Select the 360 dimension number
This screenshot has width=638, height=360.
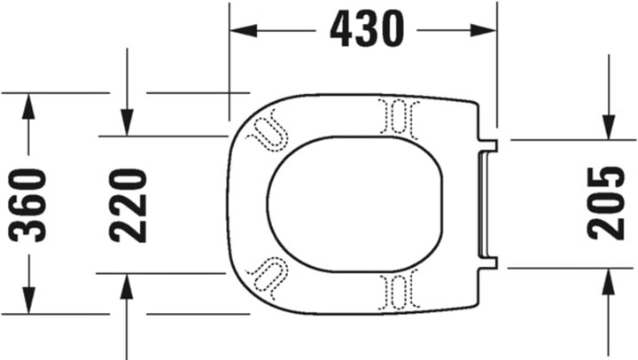pyautogui.click(x=28, y=204)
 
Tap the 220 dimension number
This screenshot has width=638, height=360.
pyautogui.click(x=128, y=205)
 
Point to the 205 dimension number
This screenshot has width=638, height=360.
pyautogui.click(x=608, y=202)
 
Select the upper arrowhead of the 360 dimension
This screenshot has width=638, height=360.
pyautogui.click(x=28, y=106)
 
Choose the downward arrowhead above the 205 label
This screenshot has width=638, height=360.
pyautogui.click(x=608, y=126)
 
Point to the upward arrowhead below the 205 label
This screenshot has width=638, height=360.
pyautogui.click(x=608, y=282)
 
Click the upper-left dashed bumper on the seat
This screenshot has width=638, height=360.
pyautogui.click(x=268, y=129)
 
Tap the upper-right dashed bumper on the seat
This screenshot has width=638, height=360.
pyautogui.click(x=396, y=117)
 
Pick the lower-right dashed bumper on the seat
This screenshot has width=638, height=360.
pyautogui.click(x=396, y=289)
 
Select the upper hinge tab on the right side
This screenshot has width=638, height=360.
pyautogui.click(x=489, y=143)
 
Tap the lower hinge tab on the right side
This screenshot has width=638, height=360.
pyautogui.click(x=489, y=262)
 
